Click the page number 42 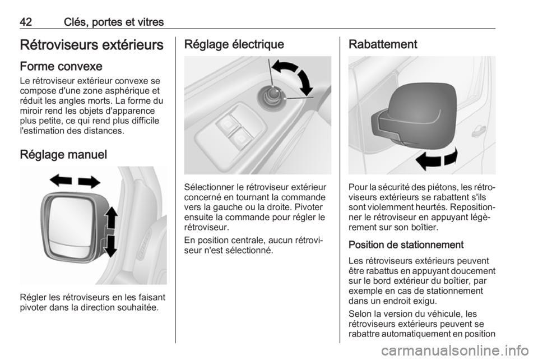coord(26,22)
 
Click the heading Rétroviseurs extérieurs coord(91,45)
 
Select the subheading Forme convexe coord(61,66)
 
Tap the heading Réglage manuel coord(63,154)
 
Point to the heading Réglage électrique coord(234,44)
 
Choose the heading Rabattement coord(383,44)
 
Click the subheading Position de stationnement coord(406,244)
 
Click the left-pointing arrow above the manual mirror coord(61,180)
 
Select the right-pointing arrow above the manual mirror coord(89,182)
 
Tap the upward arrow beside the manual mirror coord(111,218)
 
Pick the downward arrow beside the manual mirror coord(110,246)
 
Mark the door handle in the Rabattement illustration coord(478,131)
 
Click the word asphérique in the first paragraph coord(129,91)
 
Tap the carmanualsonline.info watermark coord(455,350)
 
